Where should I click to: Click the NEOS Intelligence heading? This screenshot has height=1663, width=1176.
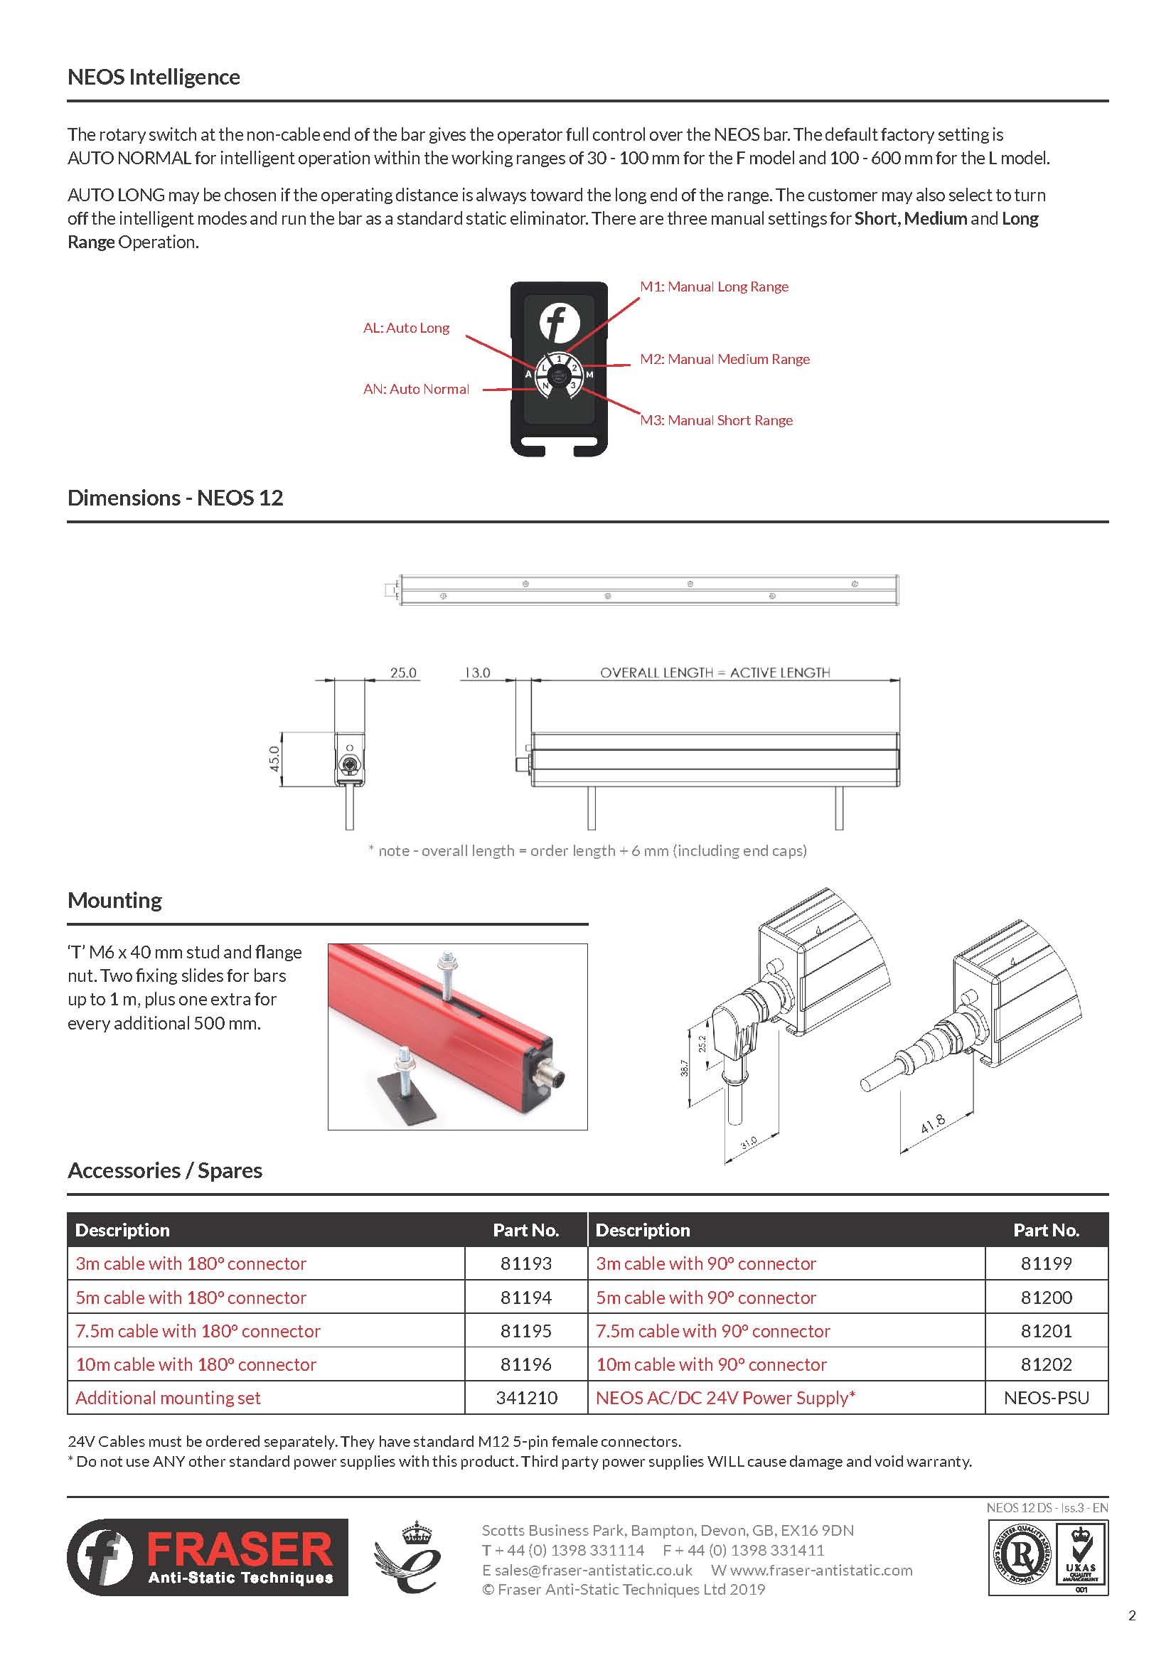pyautogui.click(x=154, y=77)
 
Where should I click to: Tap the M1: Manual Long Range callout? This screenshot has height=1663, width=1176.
pyautogui.click(x=713, y=287)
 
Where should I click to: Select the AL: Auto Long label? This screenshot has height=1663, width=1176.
pyautogui.click(x=406, y=328)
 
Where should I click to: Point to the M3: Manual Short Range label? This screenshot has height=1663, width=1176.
pyautogui.click(x=715, y=420)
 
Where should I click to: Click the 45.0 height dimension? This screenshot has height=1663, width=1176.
pyautogui.click(x=274, y=759)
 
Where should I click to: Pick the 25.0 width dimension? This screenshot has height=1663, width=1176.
pyautogui.click(x=403, y=672)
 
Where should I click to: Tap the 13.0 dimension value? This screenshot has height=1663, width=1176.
pyautogui.click(x=477, y=672)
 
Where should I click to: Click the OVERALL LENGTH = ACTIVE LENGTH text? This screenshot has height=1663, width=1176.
pyautogui.click(x=715, y=672)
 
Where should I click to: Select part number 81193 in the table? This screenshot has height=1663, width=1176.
pyautogui.click(x=525, y=1263)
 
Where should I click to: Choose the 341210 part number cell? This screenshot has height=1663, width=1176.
pyautogui.click(x=526, y=1398)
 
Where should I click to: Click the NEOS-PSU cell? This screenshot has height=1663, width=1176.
pyautogui.click(x=1047, y=1398)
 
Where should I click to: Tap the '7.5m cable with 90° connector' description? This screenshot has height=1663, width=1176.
pyautogui.click(x=712, y=1330)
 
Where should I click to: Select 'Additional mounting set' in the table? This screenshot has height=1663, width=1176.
pyautogui.click(x=168, y=1398)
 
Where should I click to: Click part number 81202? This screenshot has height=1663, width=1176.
pyautogui.click(x=1047, y=1364)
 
